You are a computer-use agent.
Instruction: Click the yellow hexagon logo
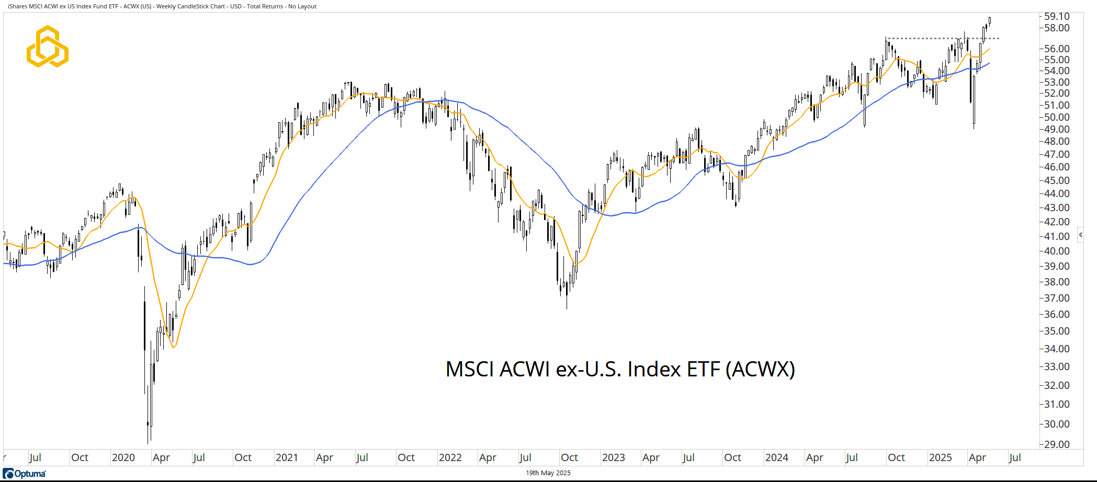click(48, 47)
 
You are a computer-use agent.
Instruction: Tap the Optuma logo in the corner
click(25, 474)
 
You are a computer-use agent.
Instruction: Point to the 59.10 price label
click(1057, 16)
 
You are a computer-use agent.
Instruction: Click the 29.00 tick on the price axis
click(1057, 444)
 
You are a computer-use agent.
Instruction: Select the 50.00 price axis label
click(1057, 117)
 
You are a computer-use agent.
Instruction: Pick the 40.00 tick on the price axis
click(1057, 251)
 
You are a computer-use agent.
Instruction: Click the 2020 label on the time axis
click(123, 457)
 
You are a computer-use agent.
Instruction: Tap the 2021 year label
click(287, 457)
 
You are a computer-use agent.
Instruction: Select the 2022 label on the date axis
click(450, 457)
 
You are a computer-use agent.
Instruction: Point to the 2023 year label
click(613, 457)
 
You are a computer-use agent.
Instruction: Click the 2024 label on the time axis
click(776, 457)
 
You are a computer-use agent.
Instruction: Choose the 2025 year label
click(940, 457)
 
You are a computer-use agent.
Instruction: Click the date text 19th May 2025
click(548, 473)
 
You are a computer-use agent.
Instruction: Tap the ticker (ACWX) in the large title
click(760, 369)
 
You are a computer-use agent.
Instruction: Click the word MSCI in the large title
click(469, 369)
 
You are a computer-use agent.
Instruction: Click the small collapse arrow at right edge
click(1080, 235)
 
